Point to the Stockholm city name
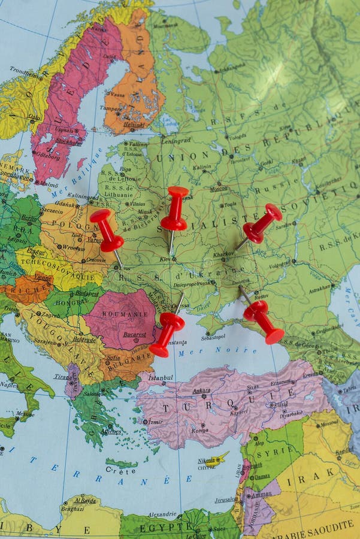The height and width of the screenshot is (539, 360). coord(69,142)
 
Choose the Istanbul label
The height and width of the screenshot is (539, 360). coord(161,378)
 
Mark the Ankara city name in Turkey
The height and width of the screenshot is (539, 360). coord(201,390)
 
